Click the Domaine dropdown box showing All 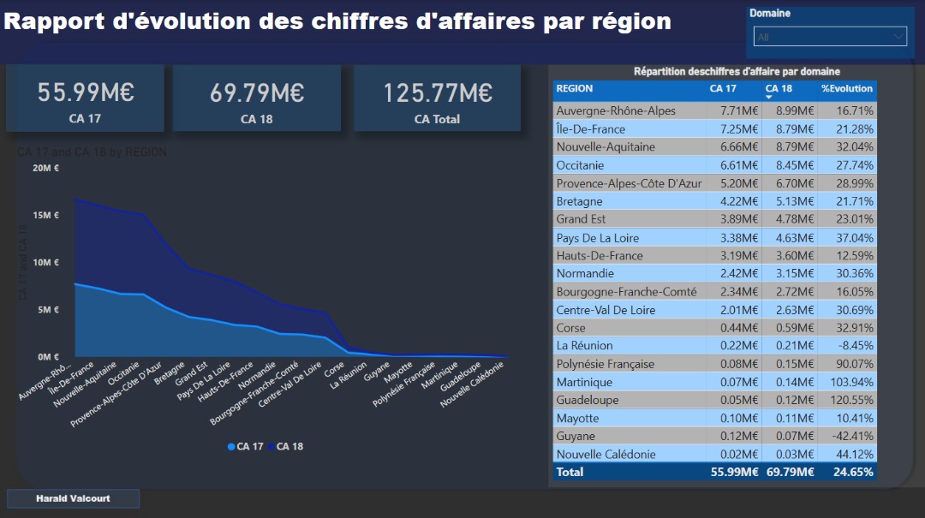(x=829, y=37)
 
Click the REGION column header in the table (x=575, y=89)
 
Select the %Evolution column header (x=847, y=89)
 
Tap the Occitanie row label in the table (x=580, y=165)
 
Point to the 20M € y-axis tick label (x=45, y=168)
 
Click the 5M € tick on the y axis (x=48, y=310)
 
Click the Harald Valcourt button (x=73, y=498)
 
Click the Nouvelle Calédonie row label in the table (x=606, y=455)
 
